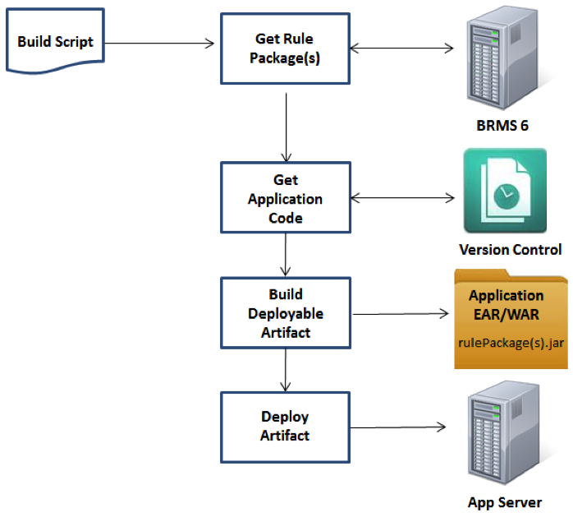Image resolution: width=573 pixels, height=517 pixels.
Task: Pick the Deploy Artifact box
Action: coord(285,426)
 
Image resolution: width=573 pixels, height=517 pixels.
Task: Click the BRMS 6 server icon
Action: coord(502,58)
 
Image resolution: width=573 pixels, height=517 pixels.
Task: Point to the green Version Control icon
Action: coord(504,191)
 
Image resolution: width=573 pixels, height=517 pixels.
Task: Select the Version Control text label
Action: coord(510,249)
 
